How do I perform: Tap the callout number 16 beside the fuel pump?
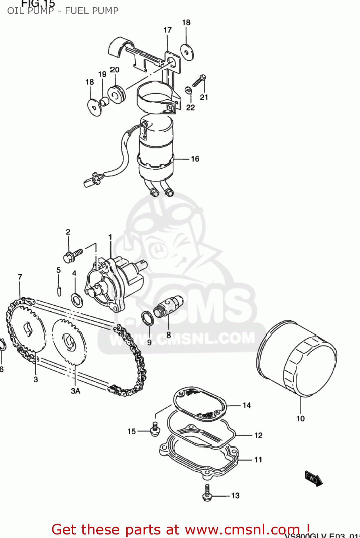coord(195,159)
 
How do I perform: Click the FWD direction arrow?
coord(313,478)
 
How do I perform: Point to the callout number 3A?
coord(75,391)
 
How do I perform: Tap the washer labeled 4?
coord(76,300)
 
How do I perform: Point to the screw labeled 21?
coord(199,81)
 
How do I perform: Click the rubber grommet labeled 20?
coord(116,94)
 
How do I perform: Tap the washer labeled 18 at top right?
coord(187,52)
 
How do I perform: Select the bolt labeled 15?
coord(155,430)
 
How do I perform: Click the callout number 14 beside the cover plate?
coord(247,405)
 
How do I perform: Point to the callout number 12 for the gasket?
coord(258,435)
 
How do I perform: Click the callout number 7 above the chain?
coord(20,277)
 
